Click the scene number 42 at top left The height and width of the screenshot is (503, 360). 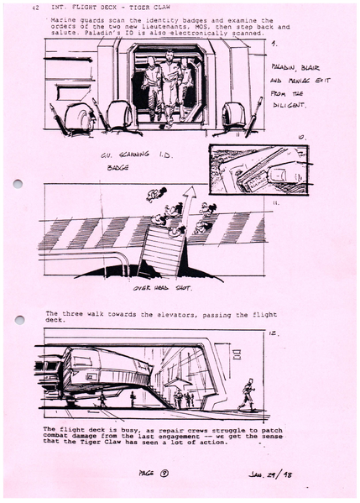pyautogui.click(x=34, y=8)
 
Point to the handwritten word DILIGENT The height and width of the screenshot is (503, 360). pyautogui.click(x=290, y=106)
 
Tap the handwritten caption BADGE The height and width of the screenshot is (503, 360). pyautogui.click(x=117, y=167)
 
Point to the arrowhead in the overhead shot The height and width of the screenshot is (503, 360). pyautogui.click(x=189, y=193)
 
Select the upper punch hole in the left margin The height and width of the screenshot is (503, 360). pyautogui.click(x=18, y=184)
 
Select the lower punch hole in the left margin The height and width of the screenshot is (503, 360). pyautogui.click(x=18, y=320)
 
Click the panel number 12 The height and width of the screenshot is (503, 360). pyautogui.click(x=272, y=334)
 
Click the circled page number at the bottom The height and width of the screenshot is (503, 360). pyautogui.click(x=167, y=474)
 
